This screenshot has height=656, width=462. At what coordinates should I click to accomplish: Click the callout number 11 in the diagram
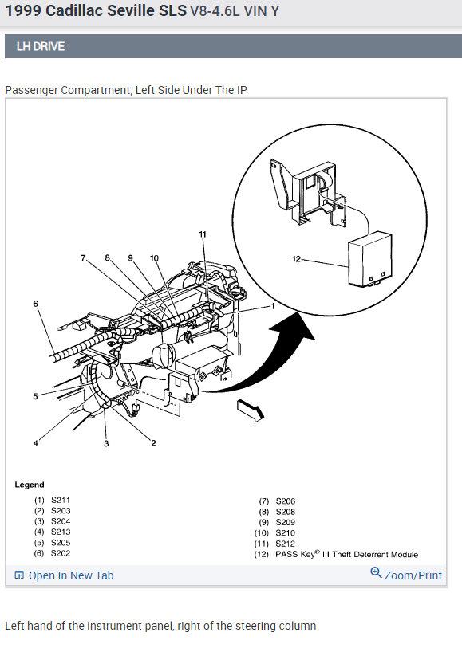[203, 234]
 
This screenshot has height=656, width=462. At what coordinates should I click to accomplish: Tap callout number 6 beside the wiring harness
[36, 304]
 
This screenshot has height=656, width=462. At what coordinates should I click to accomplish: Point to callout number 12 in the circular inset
[296, 259]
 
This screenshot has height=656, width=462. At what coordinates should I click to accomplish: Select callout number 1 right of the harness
[273, 306]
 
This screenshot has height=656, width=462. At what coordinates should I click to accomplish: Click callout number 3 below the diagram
[106, 443]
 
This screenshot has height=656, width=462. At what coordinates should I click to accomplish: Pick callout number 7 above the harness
[83, 258]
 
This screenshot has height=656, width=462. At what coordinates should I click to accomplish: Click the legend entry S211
[61, 500]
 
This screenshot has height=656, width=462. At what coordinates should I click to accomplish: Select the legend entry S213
[61, 532]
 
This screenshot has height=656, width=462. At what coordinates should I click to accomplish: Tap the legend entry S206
[285, 501]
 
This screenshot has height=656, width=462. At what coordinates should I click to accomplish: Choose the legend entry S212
[285, 544]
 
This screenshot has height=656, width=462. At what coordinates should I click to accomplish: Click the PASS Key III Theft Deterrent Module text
[347, 554]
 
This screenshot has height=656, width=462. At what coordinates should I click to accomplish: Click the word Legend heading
[30, 485]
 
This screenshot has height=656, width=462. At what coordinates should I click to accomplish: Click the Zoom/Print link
[413, 575]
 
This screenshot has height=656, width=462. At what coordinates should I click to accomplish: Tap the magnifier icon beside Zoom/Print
[376, 573]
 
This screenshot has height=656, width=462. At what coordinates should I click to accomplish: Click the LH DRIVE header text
[41, 46]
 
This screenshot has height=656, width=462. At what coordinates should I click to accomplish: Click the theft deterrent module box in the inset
[370, 259]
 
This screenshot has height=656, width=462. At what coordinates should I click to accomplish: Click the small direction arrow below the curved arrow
[251, 410]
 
